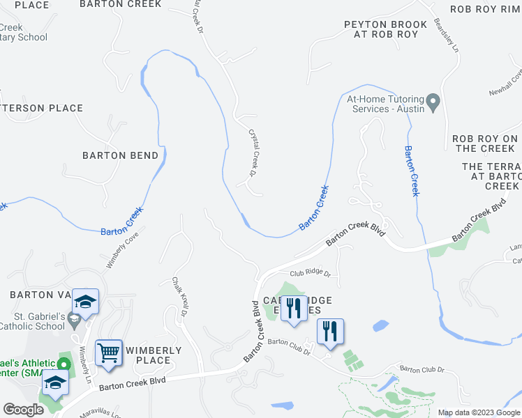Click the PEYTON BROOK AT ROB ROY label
coord(380,29)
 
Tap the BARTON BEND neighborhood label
coord(121,155)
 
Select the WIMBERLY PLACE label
coord(153,355)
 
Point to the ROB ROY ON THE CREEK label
coord(485,144)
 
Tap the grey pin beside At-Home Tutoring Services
coord(433,103)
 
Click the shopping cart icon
coord(109,354)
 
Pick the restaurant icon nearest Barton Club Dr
coord(330,331)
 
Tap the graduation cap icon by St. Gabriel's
coord(85,302)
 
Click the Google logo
coord(23,410)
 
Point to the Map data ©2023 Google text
coord(478,412)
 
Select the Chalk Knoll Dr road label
coord(181,297)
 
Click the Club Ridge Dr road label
coord(309,274)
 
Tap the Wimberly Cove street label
coord(123,250)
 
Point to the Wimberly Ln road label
coord(85,364)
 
